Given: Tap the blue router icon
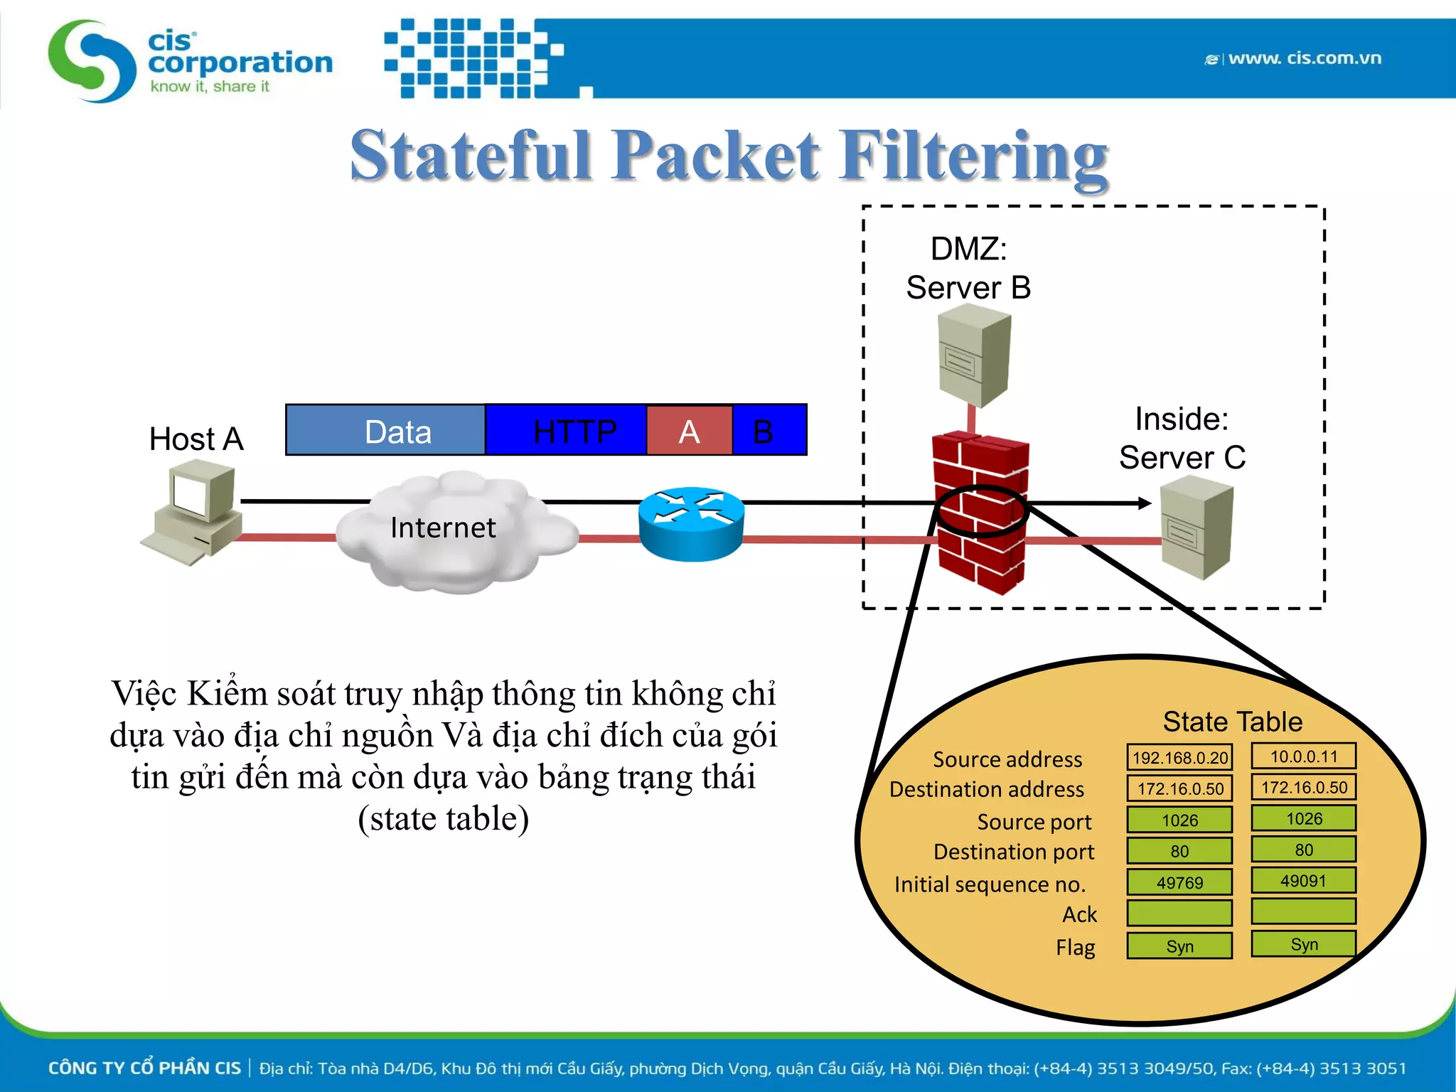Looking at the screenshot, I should pyautogui.click(x=691, y=524).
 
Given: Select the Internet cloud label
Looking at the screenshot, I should pyautogui.click(x=443, y=528).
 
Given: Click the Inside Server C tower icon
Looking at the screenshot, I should pyautogui.click(x=1197, y=528).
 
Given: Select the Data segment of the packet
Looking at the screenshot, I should pyautogui.click(x=386, y=431).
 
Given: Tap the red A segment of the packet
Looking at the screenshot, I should pyautogui.click(x=689, y=431).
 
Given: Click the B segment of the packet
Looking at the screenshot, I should pyautogui.click(x=768, y=431).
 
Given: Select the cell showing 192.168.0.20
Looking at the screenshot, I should pyautogui.click(x=1179, y=758).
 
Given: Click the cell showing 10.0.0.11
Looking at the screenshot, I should pyautogui.click(x=1303, y=756).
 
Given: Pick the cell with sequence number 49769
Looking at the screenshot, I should pyautogui.click(x=1179, y=882).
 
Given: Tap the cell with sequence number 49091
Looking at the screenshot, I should pyautogui.click(x=1303, y=881).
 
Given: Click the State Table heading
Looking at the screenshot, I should pyautogui.click(x=1232, y=722).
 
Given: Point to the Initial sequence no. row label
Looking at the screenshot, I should pyautogui.click(x=990, y=884).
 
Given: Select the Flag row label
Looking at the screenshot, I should pyautogui.click(x=1075, y=947).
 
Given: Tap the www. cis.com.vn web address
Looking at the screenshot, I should pyautogui.click(x=1304, y=58).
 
